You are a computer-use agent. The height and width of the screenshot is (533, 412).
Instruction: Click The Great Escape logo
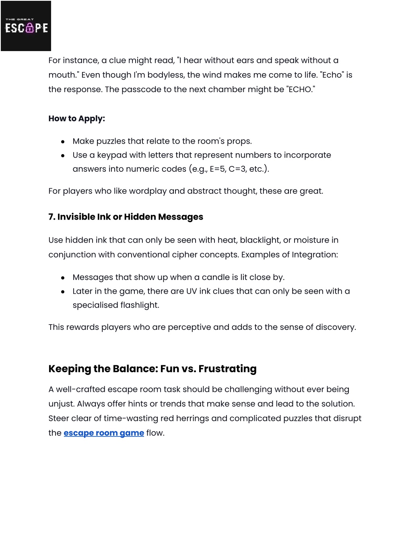point(26,26)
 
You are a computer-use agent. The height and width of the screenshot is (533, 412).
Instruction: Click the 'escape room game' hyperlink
point(103,433)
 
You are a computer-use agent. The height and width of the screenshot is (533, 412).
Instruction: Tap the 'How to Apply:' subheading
point(76,119)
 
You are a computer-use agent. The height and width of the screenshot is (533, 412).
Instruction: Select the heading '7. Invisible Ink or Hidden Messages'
point(126,217)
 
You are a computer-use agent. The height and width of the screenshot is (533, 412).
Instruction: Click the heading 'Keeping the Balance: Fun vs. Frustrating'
point(152,369)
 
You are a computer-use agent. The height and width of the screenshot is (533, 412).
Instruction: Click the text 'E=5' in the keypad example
point(217,169)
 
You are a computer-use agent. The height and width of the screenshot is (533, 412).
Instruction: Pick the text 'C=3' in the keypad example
point(237,169)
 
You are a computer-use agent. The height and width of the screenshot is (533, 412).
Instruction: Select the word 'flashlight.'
point(138,305)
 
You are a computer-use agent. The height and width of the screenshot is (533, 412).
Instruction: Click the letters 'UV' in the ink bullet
point(191,291)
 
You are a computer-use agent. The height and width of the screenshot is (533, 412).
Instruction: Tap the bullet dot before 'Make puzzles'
point(63,142)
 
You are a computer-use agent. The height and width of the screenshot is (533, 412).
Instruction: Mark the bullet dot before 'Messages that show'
point(63,278)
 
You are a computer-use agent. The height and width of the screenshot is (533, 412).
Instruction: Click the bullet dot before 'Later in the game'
point(63,292)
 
